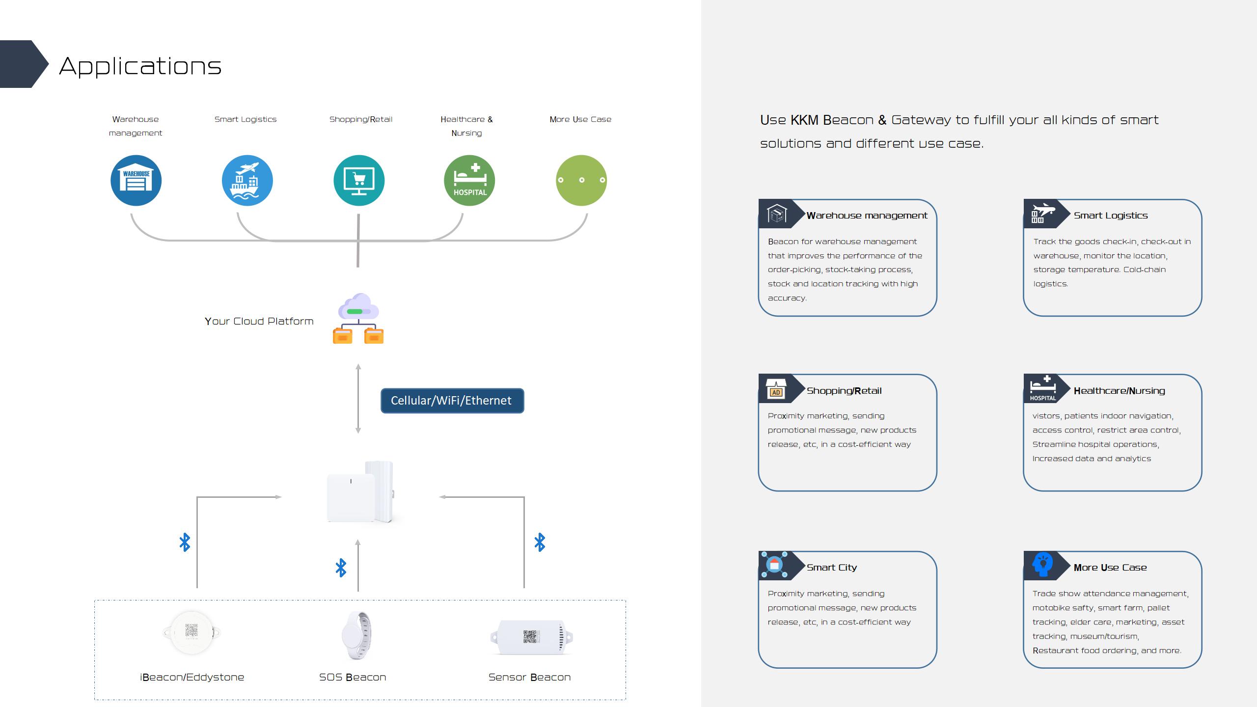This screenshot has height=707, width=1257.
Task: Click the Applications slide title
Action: pyautogui.click(x=140, y=66)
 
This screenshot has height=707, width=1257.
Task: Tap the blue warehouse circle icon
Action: pyautogui.click(x=136, y=180)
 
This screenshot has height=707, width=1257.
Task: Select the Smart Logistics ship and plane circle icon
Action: pyautogui.click(x=247, y=180)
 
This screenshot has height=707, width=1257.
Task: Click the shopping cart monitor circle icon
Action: pyautogui.click(x=358, y=180)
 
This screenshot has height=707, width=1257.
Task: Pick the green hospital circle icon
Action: pyautogui.click(x=469, y=180)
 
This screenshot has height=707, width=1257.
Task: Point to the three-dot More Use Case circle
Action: pyautogui.click(x=581, y=180)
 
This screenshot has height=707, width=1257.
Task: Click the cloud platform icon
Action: pyautogui.click(x=358, y=318)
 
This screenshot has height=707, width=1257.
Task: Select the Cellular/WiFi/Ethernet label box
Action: pyautogui.click(x=452, y=401)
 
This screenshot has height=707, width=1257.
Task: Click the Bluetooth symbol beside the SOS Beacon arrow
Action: pyautogui.click(x=341, y=568)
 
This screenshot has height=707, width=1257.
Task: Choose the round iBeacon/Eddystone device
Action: pyautogui.click(x=191, y=632)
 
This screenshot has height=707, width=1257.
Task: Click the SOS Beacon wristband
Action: pyautogui.click(x=357, y=636)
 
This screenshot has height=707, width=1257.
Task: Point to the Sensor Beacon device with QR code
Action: pyautogui.click(x=531, y=637)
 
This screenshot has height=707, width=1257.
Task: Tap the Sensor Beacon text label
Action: pyautogui.click(x=529, y=677)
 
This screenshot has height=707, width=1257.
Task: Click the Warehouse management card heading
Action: pyautogui.click(x=867, y=216)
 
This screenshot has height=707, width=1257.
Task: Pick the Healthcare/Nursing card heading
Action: pyautogui.click(x=1119, y=391)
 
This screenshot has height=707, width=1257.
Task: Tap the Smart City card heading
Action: pyautogui.click(x=832, y=568)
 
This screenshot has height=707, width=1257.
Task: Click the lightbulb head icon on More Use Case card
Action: pyautogui.click(x=1042, y=564)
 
